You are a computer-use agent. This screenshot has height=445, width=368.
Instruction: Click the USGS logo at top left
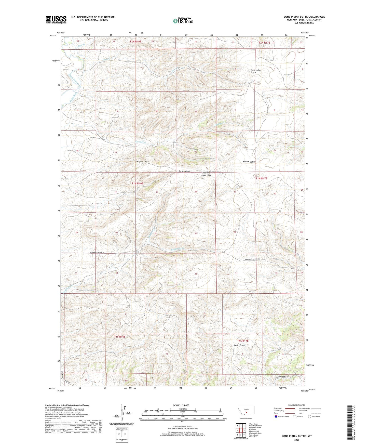pos(56,20)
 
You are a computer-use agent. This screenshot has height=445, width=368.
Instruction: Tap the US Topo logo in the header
pos(183,21)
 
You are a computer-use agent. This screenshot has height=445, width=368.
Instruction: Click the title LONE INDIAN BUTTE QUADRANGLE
pos(304,17)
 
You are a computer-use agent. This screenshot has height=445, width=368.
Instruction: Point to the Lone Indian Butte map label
pos(256,71)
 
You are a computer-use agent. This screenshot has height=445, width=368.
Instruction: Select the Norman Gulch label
pos(143,161)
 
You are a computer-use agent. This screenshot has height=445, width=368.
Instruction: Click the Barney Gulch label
pos(184,171)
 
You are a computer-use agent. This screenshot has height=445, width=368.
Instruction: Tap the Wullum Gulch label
pos(249,162)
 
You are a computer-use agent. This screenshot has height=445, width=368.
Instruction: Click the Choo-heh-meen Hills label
pos(206,174)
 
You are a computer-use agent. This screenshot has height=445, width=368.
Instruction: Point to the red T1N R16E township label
pos(137,183)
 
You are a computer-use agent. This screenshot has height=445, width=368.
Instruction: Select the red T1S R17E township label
pos(243,341)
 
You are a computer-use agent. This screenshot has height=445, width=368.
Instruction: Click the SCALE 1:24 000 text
pos(181,405)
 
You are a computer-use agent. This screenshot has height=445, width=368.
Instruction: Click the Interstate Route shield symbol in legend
pos(276,416)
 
